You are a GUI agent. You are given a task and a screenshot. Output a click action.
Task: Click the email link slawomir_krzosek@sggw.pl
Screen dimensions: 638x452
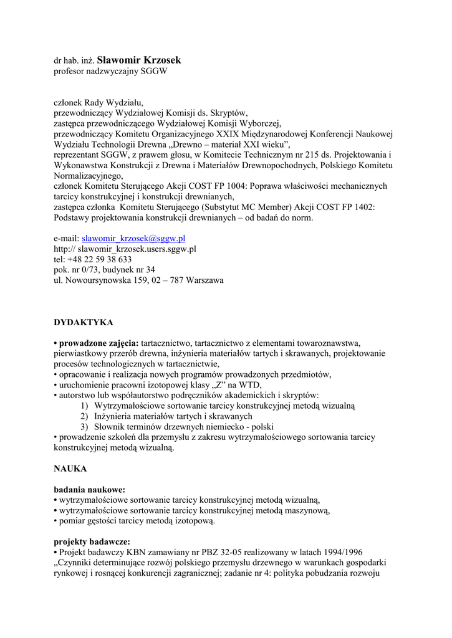(133, 238)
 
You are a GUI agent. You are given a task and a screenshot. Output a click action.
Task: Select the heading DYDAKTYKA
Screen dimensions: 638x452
(83, 323)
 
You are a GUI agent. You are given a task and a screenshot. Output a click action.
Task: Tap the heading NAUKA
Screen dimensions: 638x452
(70, 467)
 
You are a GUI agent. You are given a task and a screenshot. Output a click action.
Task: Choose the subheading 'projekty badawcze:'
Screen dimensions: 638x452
(92, 541)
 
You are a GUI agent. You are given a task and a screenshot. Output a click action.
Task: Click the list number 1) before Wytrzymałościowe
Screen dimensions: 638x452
(84, 406)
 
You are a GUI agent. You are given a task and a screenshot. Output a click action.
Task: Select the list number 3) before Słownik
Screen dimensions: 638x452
(84, 427)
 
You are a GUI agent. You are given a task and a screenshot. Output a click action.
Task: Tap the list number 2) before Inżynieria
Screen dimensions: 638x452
(84, 416)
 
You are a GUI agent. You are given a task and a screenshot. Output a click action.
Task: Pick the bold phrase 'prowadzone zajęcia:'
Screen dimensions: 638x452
(99, 343)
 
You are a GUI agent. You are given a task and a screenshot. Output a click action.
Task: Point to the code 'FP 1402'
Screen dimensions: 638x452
(357, 207)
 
